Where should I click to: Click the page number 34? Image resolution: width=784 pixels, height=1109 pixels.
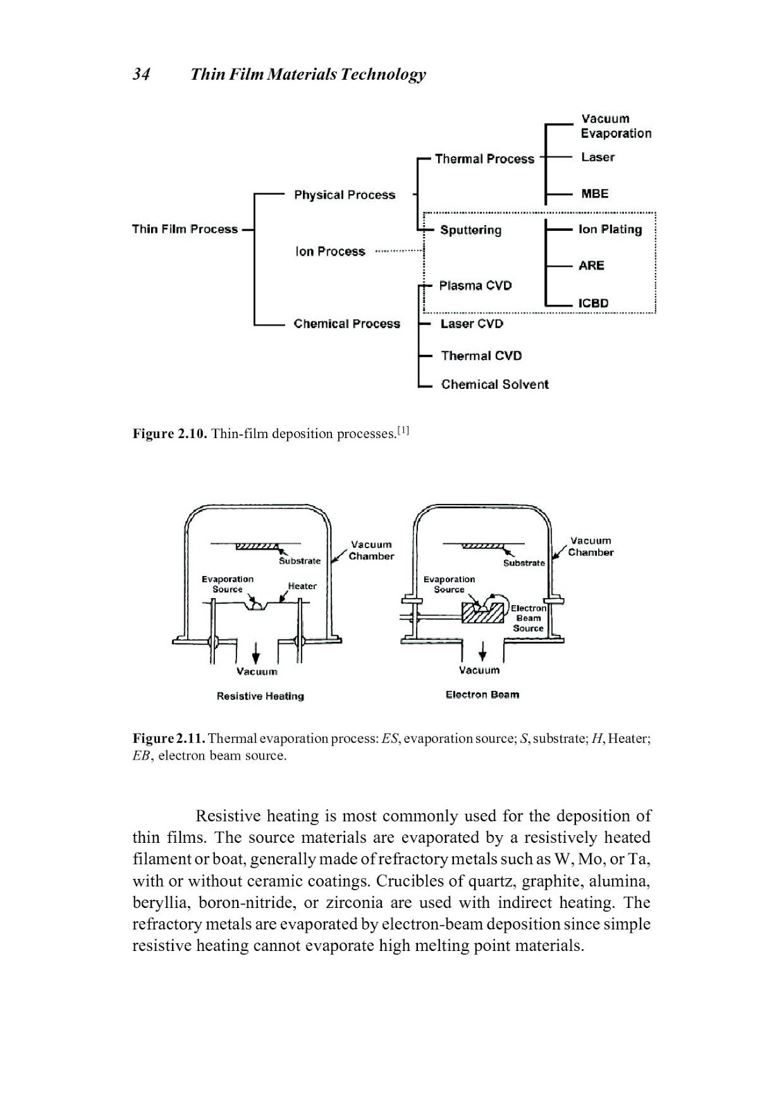pos(141,74)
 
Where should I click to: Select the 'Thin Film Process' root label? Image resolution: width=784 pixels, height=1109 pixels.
pos(184,229)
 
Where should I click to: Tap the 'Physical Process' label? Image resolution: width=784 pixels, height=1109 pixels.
pos(345,195)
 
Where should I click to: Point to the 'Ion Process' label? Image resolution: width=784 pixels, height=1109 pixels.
pos(330,252)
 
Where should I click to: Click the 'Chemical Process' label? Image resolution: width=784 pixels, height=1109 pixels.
pos(347,324)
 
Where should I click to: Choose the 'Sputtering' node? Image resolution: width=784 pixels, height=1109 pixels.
pos(471,230)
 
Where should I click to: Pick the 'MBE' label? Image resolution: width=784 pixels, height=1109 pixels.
pos(595,194)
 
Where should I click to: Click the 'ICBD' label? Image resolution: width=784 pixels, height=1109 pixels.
pos(593,304)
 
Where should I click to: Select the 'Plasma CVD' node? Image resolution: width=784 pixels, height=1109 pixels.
pos(476,286)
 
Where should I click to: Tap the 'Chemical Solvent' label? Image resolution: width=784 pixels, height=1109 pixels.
pos(494,385)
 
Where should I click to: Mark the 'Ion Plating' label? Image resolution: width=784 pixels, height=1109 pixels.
pos(610,229)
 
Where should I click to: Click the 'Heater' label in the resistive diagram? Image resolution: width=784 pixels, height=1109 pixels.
pos(302,586)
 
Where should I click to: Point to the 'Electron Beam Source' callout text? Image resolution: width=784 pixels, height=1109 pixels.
pos(528,618)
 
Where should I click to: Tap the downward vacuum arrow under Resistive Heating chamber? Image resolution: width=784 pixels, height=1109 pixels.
pos(256,652)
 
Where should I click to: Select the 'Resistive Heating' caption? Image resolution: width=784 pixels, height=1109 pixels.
pos(260,696)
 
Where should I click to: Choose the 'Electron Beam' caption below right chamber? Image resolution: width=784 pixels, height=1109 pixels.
pos(482,695)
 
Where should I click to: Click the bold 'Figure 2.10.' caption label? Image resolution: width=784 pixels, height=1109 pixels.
pos(170,434)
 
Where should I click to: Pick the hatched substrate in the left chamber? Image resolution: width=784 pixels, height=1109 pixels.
pos(256,546)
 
